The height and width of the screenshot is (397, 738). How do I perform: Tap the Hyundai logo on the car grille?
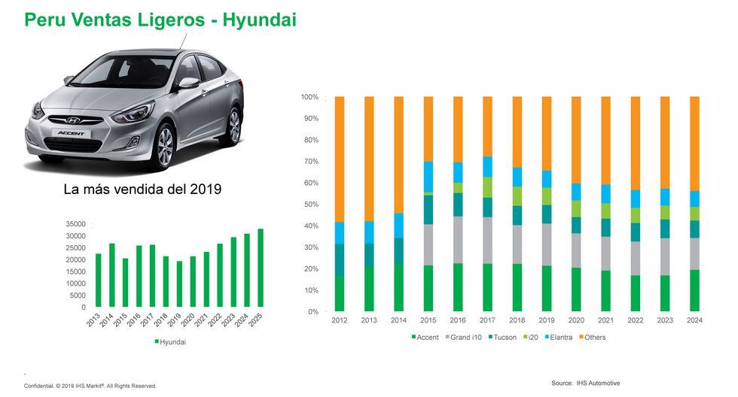pos(74,120)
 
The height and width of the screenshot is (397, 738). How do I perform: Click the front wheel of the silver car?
pos(164,146)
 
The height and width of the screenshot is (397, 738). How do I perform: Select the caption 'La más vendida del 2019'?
pos(142,189)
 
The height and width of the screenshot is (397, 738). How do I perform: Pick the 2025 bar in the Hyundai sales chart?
pos(261,268)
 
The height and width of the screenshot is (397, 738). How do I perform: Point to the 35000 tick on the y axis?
pos(76,225)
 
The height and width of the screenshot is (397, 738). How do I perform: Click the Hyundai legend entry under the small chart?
pos(171,342)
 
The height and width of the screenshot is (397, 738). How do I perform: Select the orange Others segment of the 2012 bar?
pos(339,159)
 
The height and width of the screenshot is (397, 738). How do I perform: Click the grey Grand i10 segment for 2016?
pos(457,240)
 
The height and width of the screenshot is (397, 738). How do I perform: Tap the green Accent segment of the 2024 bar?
pos(694,290)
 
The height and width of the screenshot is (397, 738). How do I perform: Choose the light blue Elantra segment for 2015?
pos(428,177)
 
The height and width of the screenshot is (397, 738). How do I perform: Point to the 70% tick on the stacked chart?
pos(310,162)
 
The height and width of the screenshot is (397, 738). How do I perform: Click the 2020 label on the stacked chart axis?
pos(575,320)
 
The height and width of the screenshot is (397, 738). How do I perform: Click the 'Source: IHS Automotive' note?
pos(585,383)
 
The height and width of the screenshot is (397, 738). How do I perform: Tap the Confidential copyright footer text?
pos(90,386)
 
